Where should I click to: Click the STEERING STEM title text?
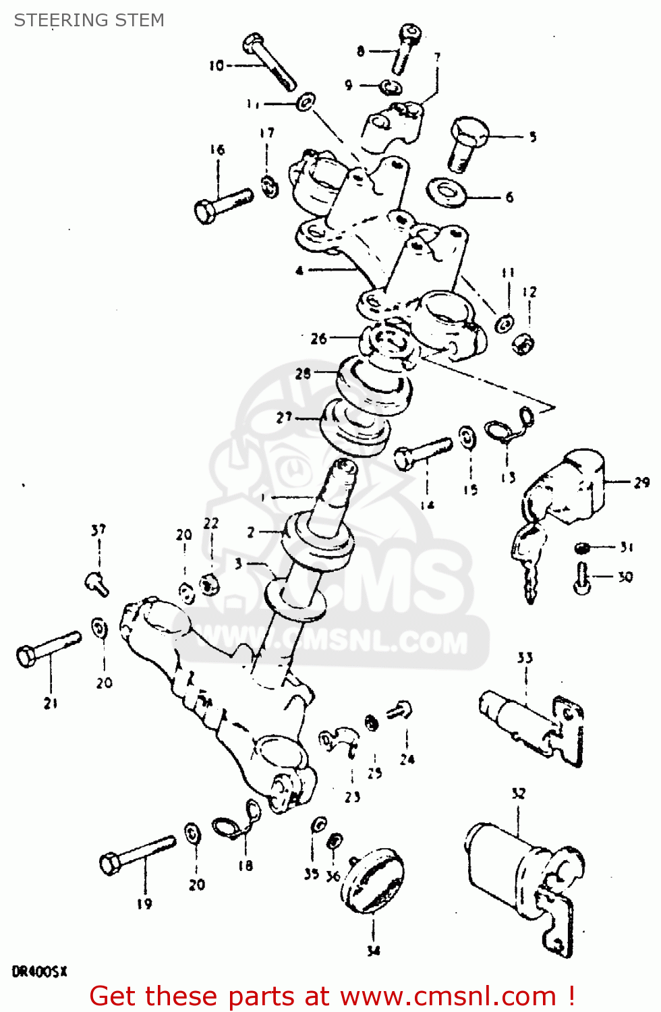pos(89,20)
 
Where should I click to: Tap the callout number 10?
pos(216,65)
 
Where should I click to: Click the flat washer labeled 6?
pos(447,192)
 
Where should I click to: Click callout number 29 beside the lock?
pos(641,482)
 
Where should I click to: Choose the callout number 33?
pos(525,658)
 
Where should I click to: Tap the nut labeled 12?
pos(523,344)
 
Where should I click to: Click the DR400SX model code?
pos(39,972)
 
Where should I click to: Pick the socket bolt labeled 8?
pos(405,47)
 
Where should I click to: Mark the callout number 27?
pos(284,418)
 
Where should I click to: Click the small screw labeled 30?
pos(582,578)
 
